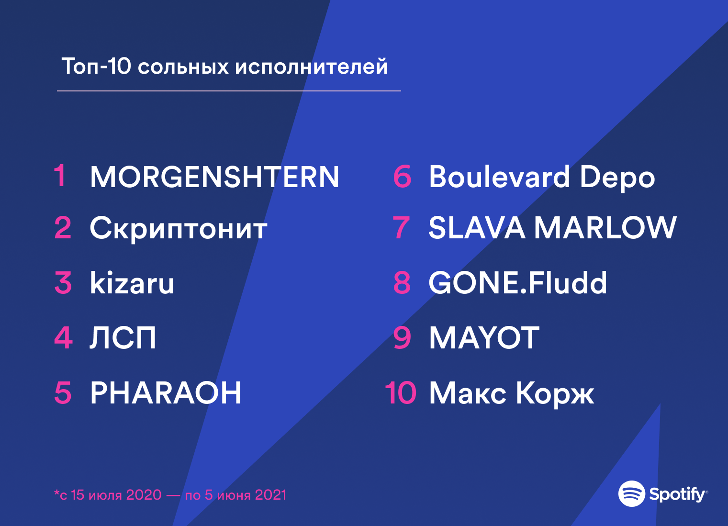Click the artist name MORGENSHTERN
pyautogui.click(x=214, y=177)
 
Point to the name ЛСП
pyautogui.click(x=123, y=338)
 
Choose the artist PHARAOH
pyautogui.click(x=166, y=393)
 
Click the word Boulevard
pyautogui.click(x=499, y=177)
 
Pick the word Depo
pyautogui.click(x=617, y=178)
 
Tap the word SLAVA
pyautogui.click(x=477, y=228)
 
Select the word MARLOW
pyautogui.click(x=605, y=228)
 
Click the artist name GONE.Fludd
pyautogui.click(x=518, y=282)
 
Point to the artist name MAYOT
pyautogui.click(x=484, y=338)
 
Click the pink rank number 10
pyautogui.click(x=401, y=393)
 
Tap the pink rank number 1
pyautogui.click(x=60, y=176)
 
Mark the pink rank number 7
pyautogui.click(x=401, y=228)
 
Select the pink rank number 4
pyautogui.click(x=63, y=338)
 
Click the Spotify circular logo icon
pyautogui.click(x=631, y=493)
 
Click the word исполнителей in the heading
pyautogui.click(x=311, y=67)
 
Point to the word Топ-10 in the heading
pyautogui.click(x=96, y=66)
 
